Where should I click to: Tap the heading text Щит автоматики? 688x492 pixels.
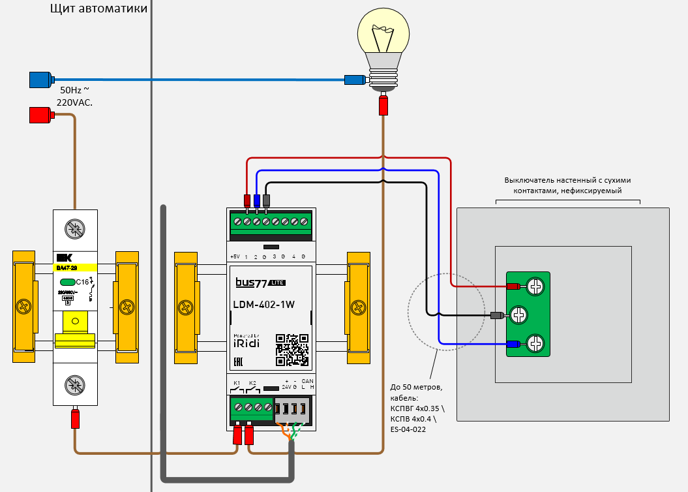pos(98,9)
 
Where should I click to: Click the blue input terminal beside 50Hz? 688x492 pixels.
pos(40,80)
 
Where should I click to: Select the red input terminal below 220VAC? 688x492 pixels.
pos(40,115)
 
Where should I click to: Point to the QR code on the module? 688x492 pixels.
pos(292,350)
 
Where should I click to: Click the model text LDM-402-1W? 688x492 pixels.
pos(263,303)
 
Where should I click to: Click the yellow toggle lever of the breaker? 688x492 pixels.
pos(75,323)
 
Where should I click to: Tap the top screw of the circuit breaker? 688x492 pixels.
pos(74,228)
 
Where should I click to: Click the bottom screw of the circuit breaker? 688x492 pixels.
pos(74,386)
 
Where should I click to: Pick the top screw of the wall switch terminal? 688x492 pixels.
pos(535,286)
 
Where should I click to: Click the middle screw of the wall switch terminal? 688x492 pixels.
pos(519,316)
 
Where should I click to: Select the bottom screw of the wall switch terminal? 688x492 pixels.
pos(535,343)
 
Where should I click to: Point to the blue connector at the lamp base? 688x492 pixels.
pos(354,80)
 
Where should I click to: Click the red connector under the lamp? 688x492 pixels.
pos(383,104)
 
